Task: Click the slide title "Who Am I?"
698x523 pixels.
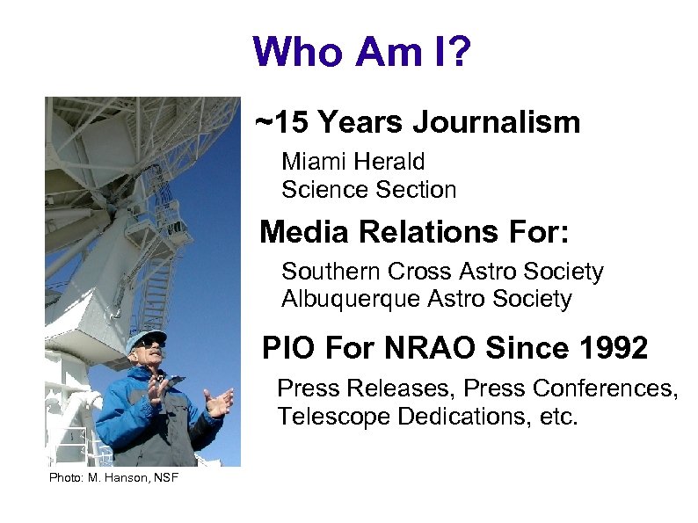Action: (x=361, y=53)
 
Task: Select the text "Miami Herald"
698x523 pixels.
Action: (x=353, y=162)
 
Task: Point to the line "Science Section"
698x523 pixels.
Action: (x=368, y=189)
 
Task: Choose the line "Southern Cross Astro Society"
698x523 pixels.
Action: (x=442, y=272)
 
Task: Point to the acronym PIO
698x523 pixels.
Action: (x=289, y=349)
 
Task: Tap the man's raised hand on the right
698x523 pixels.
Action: (x=217, y=403)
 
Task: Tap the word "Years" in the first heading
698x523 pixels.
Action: (x=359, y=123)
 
